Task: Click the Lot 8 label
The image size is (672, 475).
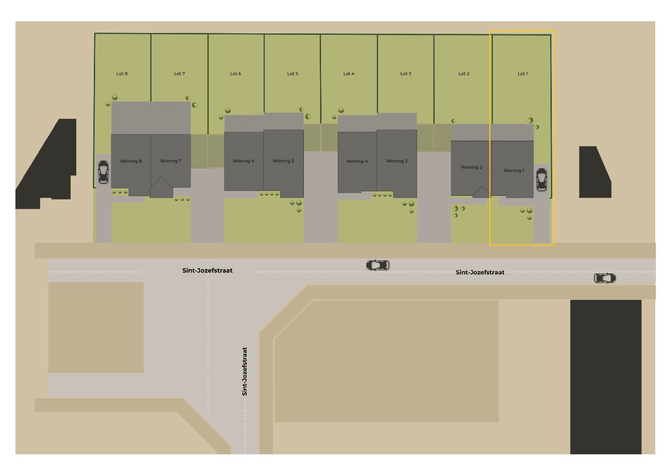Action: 122,74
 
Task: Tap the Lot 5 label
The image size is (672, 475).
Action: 292,74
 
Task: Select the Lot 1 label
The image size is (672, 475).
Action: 522,74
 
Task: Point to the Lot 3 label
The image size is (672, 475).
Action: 406,74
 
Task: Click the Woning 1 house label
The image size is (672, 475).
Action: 513,171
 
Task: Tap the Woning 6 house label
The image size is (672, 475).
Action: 244,161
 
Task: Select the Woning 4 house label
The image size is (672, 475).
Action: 357,161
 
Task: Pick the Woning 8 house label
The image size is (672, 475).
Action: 131,161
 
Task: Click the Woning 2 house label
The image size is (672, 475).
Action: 471,167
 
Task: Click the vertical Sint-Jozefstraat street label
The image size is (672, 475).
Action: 245,372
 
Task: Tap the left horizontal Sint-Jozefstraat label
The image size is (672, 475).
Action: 207,271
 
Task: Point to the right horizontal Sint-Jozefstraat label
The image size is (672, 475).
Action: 480,272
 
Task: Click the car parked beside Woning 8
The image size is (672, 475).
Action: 103,172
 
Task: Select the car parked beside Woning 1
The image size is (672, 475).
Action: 541,179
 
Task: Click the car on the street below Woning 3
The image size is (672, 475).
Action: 378,265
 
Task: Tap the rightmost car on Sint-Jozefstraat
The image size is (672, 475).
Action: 605,278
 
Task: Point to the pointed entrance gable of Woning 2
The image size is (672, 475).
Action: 481,192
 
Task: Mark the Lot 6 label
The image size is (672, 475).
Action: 236,74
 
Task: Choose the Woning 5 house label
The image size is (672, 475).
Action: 283,161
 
